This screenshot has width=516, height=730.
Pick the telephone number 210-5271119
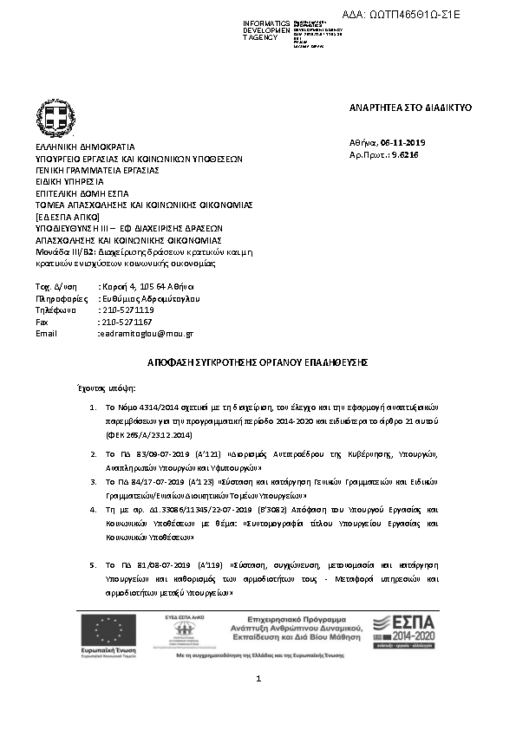[127, 310]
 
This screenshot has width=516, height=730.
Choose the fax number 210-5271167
[127, 322]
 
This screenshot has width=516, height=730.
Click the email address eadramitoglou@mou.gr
[147, 333]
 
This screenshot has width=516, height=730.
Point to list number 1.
[93, 406]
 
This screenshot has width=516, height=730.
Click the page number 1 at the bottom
[258, 689]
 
